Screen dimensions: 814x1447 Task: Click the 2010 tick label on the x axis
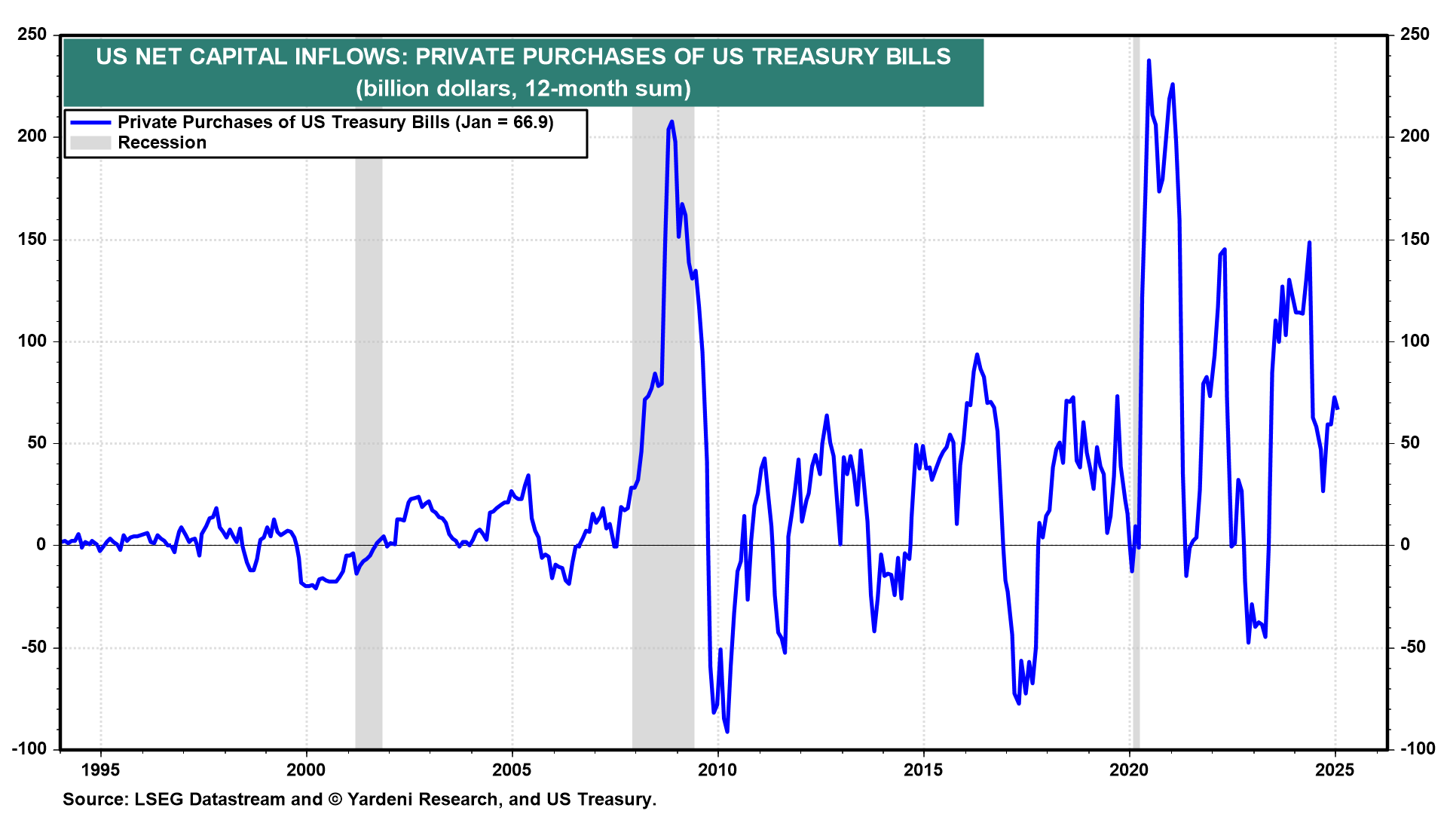pos(717,770)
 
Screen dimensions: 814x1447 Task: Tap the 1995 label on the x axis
pos(100,770)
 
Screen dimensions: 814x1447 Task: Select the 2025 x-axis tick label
pos(1335,770)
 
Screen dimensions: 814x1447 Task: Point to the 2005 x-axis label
pos(512,770)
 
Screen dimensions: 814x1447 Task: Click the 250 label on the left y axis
pos(32,35)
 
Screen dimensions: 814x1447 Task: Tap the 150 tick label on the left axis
pos(32,239)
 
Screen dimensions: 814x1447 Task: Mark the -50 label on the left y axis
pos(31,647)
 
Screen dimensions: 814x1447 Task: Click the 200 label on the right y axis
pos(1415,136)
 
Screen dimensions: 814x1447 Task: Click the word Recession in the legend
pos(162,143)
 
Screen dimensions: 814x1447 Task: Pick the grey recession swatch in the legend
pos(90,143)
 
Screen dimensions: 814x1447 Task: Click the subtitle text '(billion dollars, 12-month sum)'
pos(523,89)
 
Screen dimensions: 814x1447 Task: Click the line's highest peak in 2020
pos(1149,60)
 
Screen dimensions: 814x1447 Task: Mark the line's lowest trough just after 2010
pos(727,731)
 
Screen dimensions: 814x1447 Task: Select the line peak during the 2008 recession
pos(671,121)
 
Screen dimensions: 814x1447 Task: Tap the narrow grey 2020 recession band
pos(1135,377)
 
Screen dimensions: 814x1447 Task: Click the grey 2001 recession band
pos(369,377)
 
